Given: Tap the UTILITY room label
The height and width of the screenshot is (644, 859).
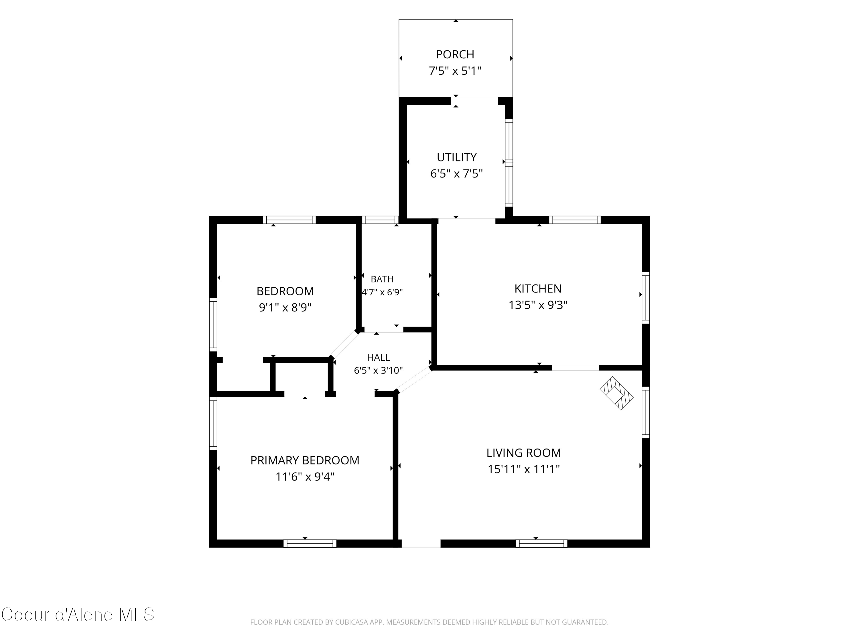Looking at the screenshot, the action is coord(456,157).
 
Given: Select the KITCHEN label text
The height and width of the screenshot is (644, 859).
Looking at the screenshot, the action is coord(538,289).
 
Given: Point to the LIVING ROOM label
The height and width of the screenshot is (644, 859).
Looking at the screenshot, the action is coord(523,453).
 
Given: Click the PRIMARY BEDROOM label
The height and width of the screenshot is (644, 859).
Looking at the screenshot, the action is coord(305,460).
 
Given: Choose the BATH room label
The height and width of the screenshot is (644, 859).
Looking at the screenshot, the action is coord(382,279).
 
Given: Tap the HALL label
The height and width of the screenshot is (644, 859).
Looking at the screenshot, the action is coord(378,357).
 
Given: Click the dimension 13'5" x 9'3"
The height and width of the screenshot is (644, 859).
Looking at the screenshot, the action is coord(538,305).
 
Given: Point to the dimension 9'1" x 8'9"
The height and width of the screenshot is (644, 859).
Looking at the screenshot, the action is coord(285,307).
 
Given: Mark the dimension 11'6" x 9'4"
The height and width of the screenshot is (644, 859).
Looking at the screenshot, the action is coord(305,476).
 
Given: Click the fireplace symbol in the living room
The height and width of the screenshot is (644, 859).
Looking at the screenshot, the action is coord(616,393).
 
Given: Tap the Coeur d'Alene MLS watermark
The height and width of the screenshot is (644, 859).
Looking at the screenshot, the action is coord(78,615).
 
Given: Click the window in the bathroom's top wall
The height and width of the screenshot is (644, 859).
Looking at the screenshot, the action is coord(380,220).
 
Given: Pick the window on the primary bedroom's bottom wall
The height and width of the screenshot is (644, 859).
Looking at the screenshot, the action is coord(310,544).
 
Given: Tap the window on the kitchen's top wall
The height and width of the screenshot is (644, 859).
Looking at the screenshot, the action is coord(575,220).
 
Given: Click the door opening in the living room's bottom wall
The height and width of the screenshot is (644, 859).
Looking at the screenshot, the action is coord(421,544).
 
